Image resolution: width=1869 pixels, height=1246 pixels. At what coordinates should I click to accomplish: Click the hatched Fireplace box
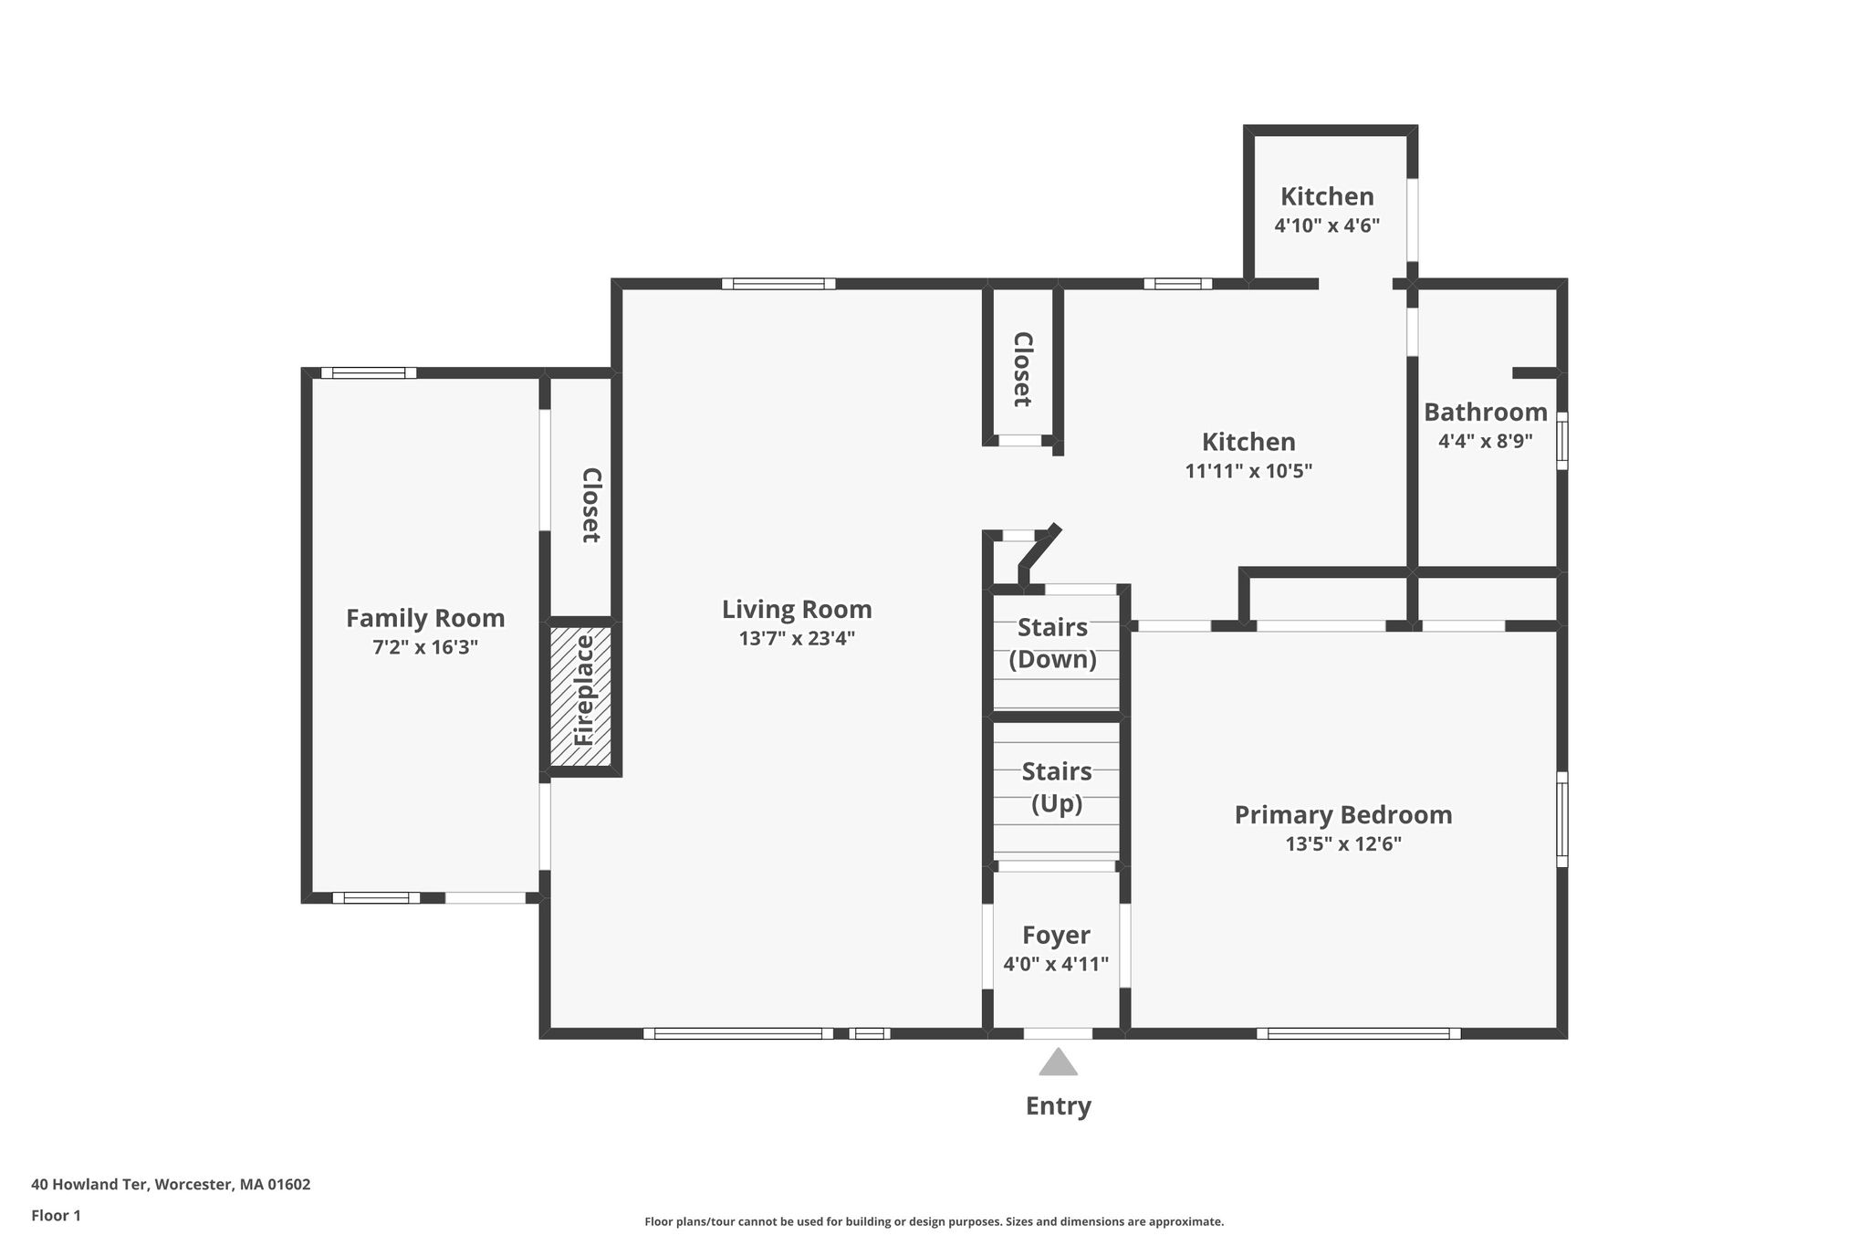point(580,696)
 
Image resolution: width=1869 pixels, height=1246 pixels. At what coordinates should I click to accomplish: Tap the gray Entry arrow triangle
point(1058,1062)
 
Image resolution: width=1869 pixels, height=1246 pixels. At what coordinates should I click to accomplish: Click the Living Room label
point(797,610)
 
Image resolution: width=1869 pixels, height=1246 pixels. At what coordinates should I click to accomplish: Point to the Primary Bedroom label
point(1343,815)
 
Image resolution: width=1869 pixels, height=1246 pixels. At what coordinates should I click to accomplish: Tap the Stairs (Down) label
point(1052,644)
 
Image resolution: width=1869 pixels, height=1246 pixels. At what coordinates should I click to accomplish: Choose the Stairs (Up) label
point(1057,788)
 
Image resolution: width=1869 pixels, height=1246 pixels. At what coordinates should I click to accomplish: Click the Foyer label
point(1056,935)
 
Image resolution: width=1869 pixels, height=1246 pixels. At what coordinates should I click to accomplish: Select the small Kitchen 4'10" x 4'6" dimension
point(1327,225)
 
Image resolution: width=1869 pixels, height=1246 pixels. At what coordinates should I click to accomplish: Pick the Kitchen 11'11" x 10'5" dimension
point(1248,471)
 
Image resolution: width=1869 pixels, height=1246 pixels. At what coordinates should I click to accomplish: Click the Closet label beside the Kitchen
point(1023,369)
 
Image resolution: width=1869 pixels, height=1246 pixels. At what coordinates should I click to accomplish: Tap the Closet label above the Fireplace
point(591,505)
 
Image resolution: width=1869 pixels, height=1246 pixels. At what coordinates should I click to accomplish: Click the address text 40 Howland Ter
point(89,1185)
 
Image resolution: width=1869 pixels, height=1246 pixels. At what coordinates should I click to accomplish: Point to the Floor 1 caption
point(56,1216)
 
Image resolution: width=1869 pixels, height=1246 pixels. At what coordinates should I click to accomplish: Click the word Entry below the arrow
point(1058,1106)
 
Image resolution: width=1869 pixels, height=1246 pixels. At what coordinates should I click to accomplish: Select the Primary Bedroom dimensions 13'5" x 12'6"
point(1343,844)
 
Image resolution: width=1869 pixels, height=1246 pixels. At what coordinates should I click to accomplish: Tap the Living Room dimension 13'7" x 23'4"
point(797,638)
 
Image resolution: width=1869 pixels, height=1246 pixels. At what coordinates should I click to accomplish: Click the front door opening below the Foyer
point(1058,1033)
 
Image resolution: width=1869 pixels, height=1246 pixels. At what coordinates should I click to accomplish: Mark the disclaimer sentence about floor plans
point(934,1221)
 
